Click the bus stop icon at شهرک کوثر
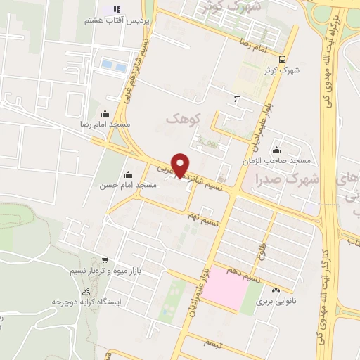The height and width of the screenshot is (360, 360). [x=282, y=59]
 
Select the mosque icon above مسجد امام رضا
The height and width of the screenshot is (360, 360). [x=105, y=113]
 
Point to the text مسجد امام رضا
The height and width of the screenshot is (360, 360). [x=106, y=124]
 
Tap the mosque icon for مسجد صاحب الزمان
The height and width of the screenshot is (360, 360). [x=276, y=150]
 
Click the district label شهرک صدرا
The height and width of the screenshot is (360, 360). [x=288, y=179]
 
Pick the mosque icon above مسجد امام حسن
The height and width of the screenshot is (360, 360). [x=129, y=174]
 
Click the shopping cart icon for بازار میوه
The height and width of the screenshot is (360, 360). [x=104, y=259]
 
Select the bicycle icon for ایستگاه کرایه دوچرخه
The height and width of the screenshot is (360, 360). [x=86, y=291]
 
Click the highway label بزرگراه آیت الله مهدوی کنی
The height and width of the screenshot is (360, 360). [x=335, y=56]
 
